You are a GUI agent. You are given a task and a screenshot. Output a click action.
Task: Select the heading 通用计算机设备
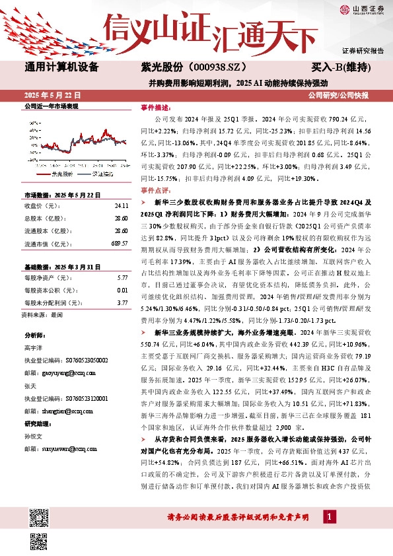(61, 67)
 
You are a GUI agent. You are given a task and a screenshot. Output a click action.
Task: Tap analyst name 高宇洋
(34, 349)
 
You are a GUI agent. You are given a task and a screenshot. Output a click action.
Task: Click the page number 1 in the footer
(328, 514)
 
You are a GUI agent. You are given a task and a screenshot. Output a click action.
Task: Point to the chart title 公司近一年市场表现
(51, 106)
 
